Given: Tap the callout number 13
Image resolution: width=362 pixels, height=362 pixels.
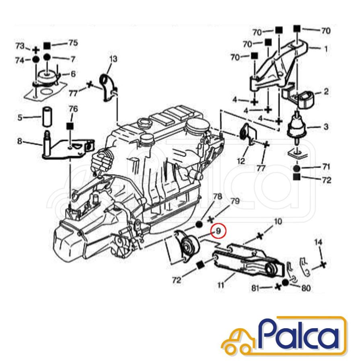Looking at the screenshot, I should pos(113,59).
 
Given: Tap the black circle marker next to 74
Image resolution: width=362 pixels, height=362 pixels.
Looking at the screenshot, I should pos(35,59).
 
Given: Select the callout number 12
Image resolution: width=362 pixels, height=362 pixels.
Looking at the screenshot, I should pos(241,161).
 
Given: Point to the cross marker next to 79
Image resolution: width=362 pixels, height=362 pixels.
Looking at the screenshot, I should pos(210,220).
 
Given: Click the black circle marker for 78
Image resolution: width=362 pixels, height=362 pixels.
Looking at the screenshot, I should pos(199,224).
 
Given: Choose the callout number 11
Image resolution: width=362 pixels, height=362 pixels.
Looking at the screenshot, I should pos(220,286).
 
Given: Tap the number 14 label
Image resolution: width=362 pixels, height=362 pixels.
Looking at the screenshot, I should pos(318,243).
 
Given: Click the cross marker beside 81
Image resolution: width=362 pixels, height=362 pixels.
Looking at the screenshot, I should pos(277,287).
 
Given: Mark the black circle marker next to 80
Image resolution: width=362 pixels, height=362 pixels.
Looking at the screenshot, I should pos(286,283).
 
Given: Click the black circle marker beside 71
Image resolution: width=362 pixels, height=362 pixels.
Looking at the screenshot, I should pos(296,167).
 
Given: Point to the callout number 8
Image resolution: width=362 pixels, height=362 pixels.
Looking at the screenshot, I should pos(19,141).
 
